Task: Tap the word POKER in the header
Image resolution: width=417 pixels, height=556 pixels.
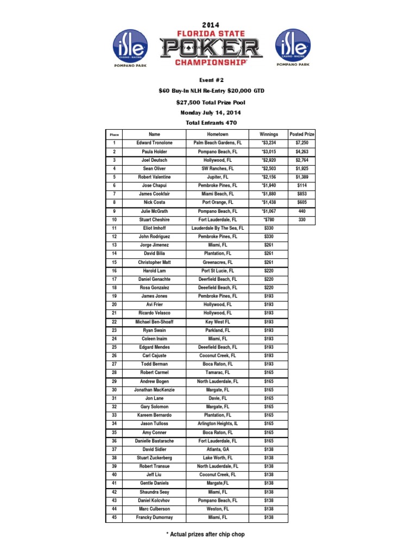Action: (x=211, y=47)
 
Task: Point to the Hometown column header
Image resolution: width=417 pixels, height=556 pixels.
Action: (x=217, y=134)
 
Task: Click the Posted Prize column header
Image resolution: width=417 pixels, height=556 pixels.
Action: (x=302, y=134)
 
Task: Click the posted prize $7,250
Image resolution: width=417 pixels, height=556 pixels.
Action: (x=302, y=143)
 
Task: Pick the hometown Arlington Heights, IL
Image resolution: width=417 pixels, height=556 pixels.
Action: (x=217, y=424)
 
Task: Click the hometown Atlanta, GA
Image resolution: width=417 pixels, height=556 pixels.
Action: (x=217, y=449)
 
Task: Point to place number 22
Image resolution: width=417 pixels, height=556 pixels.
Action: (x=114, y=322)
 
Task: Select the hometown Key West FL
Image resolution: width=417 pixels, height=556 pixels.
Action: (x=217, y=322)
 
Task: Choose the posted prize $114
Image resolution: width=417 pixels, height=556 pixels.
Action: (x=302, y=185)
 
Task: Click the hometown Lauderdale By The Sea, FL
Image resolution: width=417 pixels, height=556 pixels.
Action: (x=217, y=228)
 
